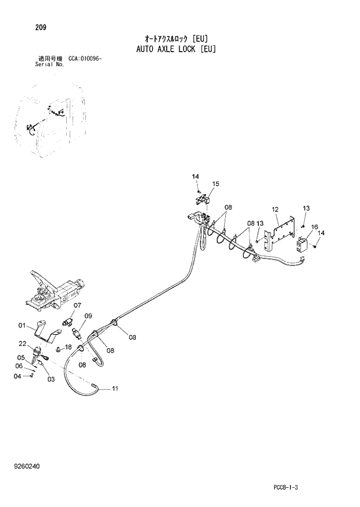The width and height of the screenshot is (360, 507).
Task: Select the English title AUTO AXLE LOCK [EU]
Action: click(x=176, y=49)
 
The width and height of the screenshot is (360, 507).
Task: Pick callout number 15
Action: click(x=215, y=184)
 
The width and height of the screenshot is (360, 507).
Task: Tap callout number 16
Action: click(x=314, y=226)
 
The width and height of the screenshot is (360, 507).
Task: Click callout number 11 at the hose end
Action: click(x=114, y=389)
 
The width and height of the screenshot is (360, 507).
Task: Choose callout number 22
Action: click(x=22, y=344)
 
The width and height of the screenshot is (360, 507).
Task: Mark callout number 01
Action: click(x=22, y=325)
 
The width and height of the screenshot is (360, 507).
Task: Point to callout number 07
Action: click(x=77, y=305)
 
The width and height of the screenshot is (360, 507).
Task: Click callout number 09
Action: click(x=88, y=316)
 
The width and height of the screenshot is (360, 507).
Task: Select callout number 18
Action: click(x=68, y=347)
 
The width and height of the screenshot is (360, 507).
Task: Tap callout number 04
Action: click(x=17, y=376)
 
